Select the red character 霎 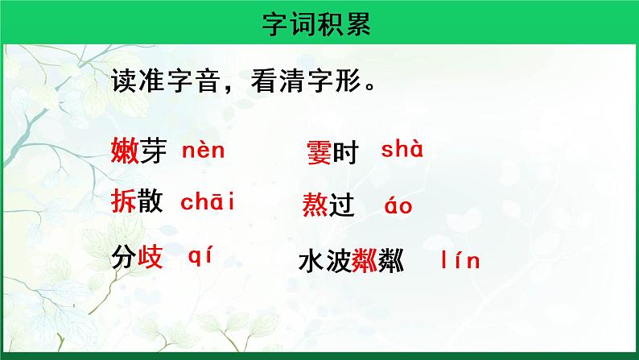click(x=319, y=152)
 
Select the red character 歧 click(x=150, y=258)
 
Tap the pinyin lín click(x=461, y=261)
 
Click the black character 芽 click(x=151, y=150)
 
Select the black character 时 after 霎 click(x=344, y=152)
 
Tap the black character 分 click(x=123, y=258)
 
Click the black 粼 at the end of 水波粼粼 click(x=391, y=262)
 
